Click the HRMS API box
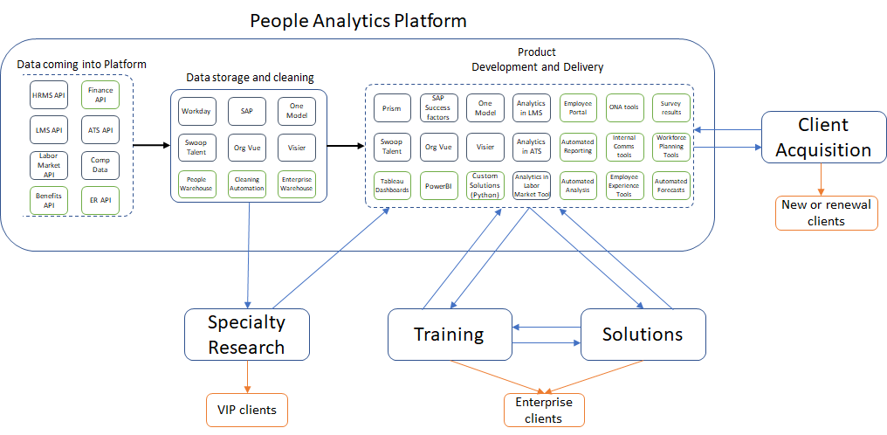(x=49, y=93)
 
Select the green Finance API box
(x=100, y=94)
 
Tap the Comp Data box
(x=100, y=166)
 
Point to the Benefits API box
(x=49, y=200)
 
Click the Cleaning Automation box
(x=246, y=183)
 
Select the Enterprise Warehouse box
(x=297, y=183)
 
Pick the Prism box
(x=392, y=108)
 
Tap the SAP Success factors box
(x=438, y=108)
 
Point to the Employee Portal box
(x=577, y=108)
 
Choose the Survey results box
(x=670, y=108)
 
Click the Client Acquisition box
(x=823, y=136)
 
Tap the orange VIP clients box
(x=247, y=409)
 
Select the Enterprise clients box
(x=544, y=410)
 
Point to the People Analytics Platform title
(x=358, y=19)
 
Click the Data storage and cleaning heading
(x=250, y=78)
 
